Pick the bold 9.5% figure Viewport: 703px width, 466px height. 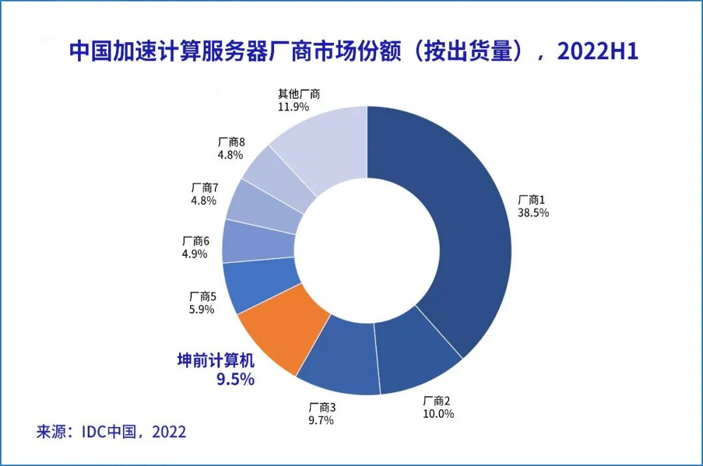click(x=235, y=379)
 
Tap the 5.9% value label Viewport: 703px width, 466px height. click(x=201, y=310)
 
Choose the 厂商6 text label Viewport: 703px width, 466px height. click(x=196, y=241)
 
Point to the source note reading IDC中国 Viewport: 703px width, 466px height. click(x=110, y=432)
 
